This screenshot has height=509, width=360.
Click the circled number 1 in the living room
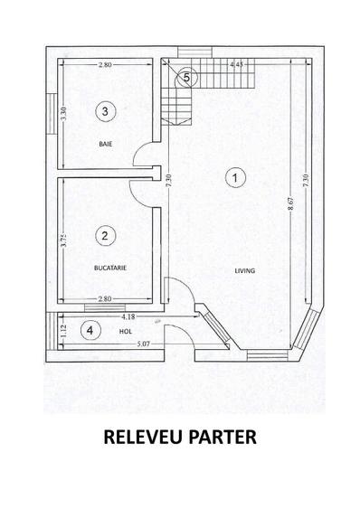coord(234,178)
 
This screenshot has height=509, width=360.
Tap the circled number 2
coord(106,236)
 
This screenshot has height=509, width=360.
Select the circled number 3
coord(106,111)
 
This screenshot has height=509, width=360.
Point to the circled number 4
coord(90,330)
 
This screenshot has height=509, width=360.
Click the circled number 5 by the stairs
coord(186,77)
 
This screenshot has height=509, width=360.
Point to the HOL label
coord(112,331)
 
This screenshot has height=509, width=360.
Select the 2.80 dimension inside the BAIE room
coord(106,66)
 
